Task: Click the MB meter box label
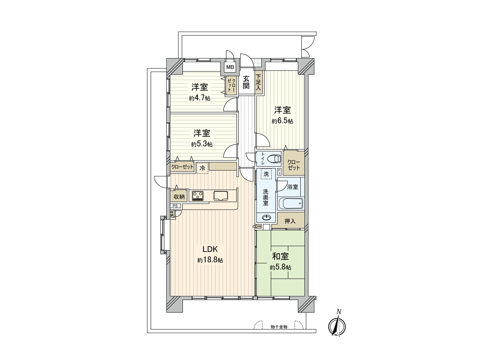tap(230, 67)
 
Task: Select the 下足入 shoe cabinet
tap(258, 83)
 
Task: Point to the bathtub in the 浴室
tap(291, 204)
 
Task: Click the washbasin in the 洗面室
tap(266, 217)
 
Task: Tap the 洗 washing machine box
tap(266, 173)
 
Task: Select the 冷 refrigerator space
tap(202, 168)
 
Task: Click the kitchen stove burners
tap(198, 196)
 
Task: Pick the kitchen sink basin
tap(220, 196)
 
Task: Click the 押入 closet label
tap(290, 221)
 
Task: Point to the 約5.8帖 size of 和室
tap(280, 267)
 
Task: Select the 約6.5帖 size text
tap(282, 121)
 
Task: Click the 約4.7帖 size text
tap(199, 98)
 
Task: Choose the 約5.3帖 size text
tap(202, 144)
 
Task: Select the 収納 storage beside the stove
tap(179, 196)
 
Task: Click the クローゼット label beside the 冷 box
tap(182, 167)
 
